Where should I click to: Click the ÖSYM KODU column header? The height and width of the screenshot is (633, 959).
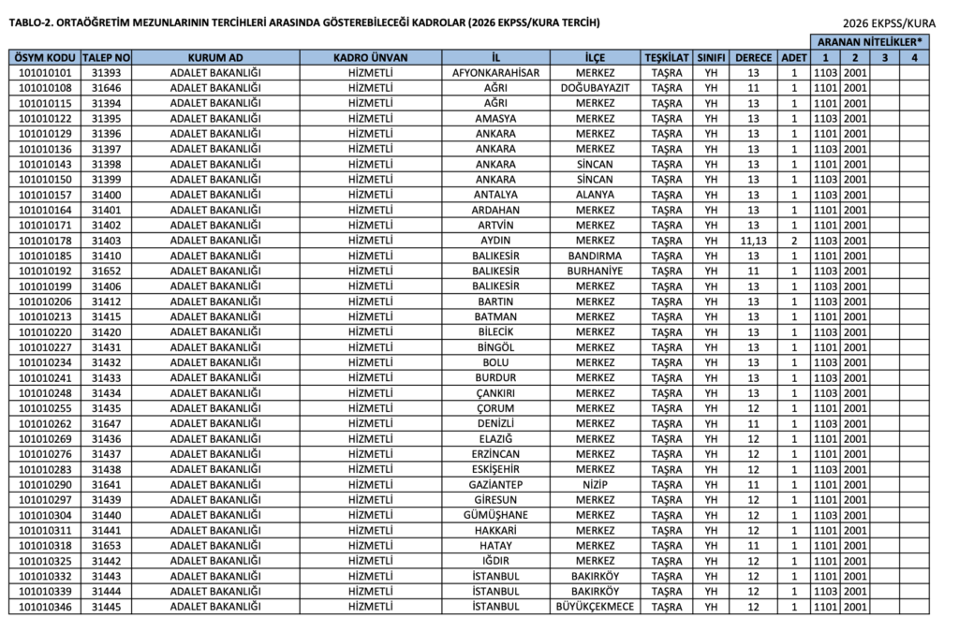point(45,57)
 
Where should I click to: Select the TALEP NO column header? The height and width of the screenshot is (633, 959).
point(111,57)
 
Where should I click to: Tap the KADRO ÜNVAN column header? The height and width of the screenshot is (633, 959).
point(371,57)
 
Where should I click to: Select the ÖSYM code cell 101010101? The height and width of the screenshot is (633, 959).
point(45,72)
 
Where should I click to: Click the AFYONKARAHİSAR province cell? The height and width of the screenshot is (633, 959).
point(495,72)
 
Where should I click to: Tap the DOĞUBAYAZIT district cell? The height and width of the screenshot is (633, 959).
point(595,88)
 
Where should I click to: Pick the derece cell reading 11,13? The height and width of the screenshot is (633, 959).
point(753,241)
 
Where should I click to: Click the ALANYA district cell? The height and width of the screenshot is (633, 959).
point(595,195)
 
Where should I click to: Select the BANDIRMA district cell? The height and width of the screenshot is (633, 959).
point(595,256)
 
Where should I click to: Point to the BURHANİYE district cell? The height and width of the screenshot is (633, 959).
point(595,271)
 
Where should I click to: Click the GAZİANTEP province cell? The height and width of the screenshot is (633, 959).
point(495,484)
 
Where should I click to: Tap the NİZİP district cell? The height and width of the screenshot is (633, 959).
point(595,484)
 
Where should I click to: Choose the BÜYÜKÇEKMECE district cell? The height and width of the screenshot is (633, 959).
point(595,607)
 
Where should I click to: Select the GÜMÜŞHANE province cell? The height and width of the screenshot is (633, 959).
point(495,515)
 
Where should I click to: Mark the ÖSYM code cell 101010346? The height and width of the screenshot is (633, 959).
point(45,607)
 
